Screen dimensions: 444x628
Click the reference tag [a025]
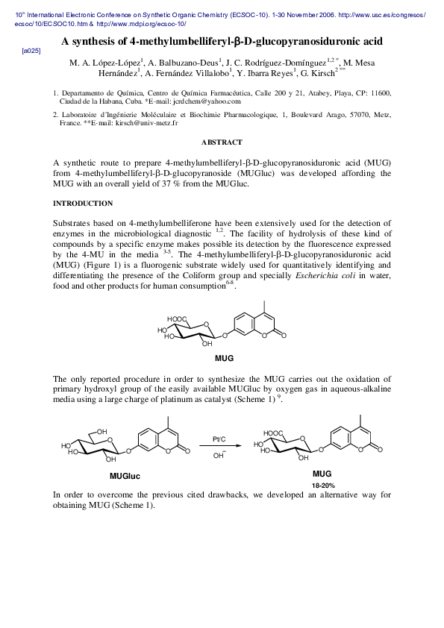point(31,50)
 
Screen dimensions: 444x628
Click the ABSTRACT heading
point(222,142)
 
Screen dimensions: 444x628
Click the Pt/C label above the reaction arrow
point(219,439)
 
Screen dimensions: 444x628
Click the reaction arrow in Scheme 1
point(219,446)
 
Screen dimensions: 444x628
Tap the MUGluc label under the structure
point(125,476)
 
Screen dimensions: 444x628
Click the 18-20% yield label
point(322,485)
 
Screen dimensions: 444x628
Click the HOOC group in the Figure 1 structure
point(178,319)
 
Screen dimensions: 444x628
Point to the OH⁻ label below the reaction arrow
point(219,455)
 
